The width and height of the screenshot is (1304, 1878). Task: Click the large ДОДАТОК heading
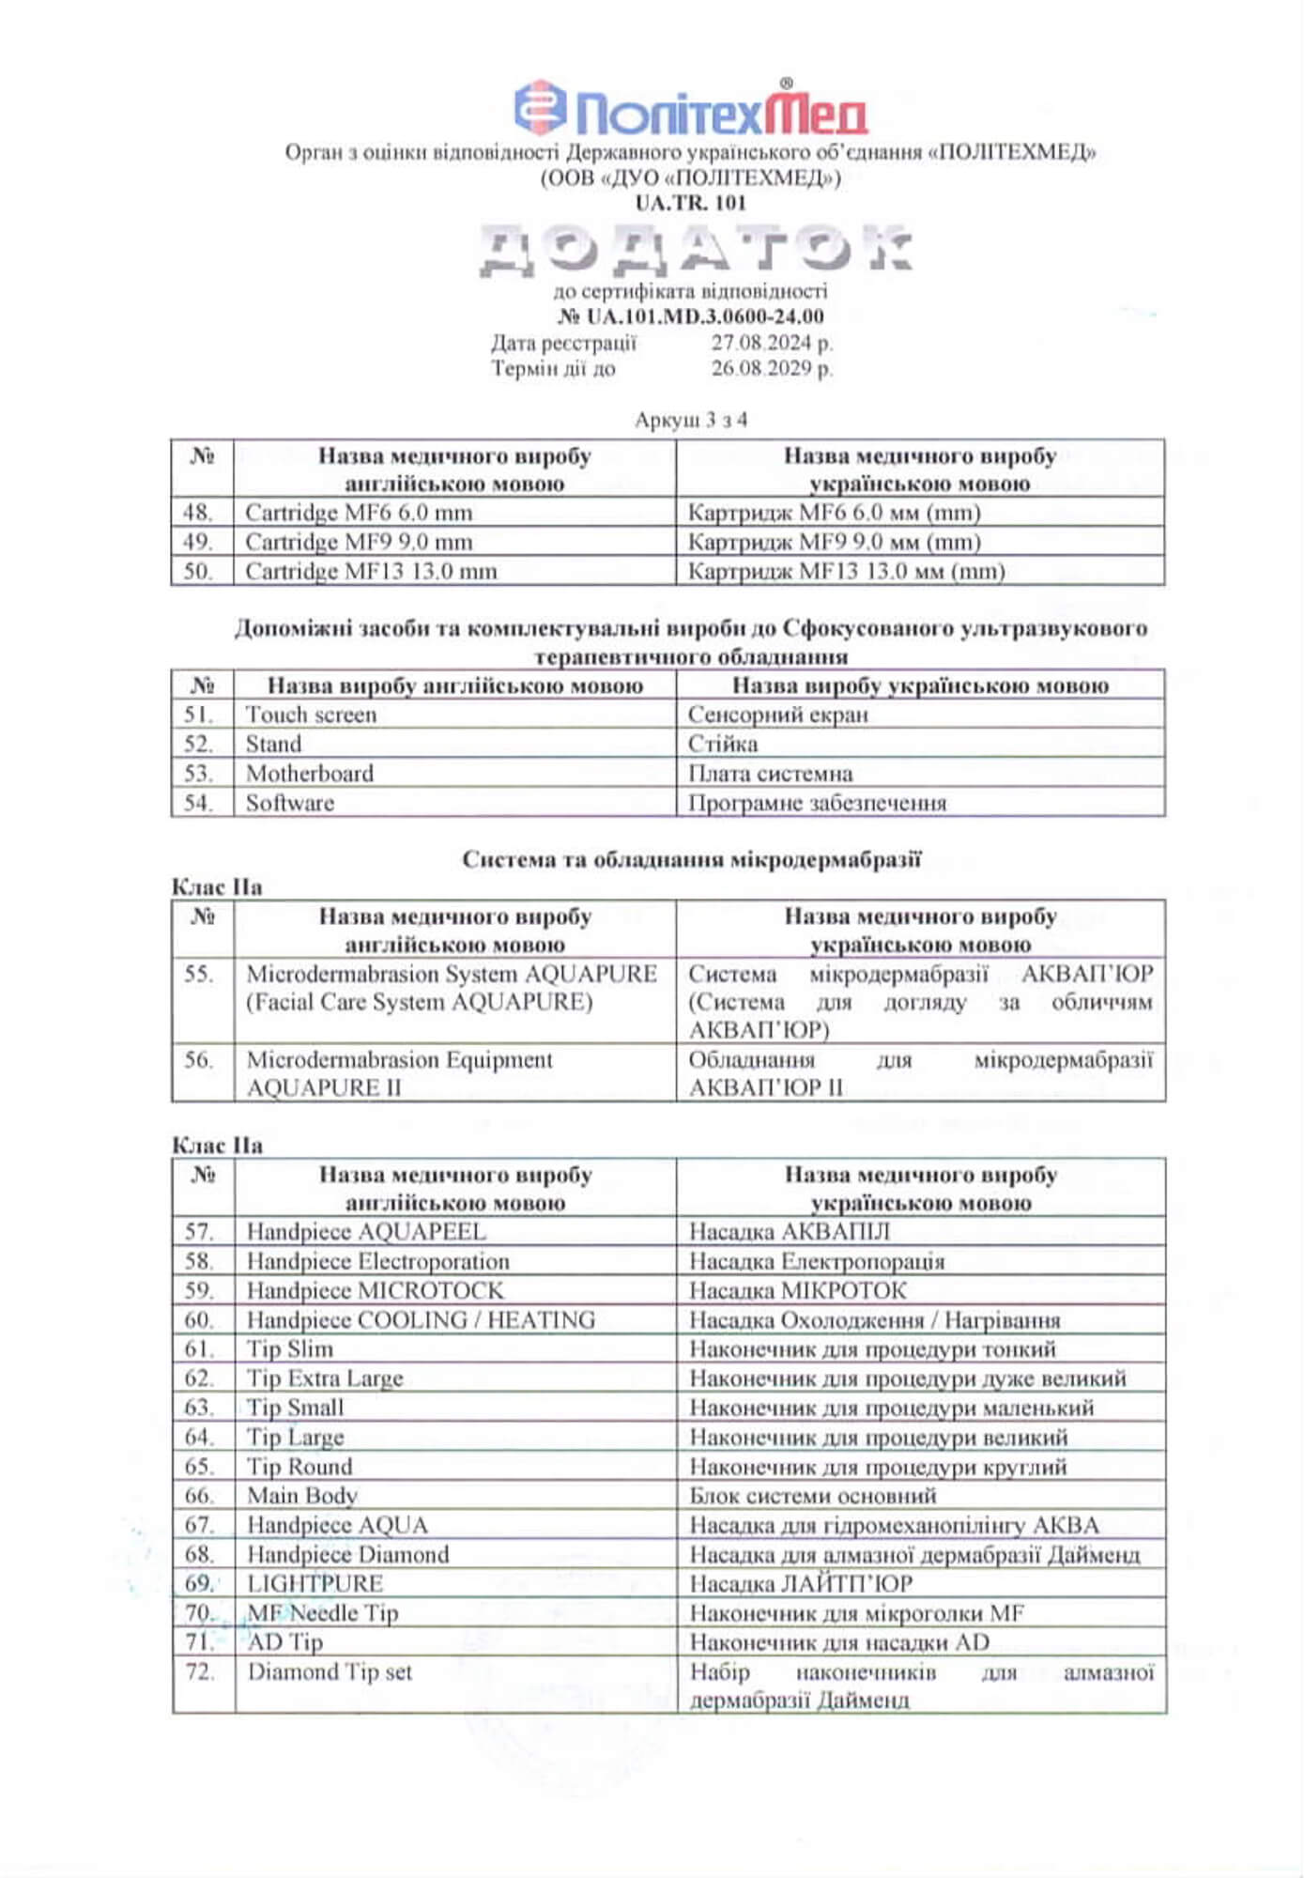(695, 250)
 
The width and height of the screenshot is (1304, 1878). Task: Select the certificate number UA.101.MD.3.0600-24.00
(691, 316)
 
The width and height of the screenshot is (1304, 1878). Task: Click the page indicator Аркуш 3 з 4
(691, 420)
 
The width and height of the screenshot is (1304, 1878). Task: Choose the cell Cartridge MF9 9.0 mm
(359, 542)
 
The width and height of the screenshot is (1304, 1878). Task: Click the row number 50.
(198, 571)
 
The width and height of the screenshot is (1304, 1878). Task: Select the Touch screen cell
(311, 715)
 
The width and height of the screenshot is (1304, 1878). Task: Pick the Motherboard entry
(310, 774)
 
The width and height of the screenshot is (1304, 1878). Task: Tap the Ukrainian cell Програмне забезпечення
(817, 803)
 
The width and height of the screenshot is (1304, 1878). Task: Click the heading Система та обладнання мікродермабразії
(691, 859)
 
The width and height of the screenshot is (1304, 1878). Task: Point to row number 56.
(198, 1060)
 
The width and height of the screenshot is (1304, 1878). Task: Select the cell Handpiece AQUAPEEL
(366, 1232)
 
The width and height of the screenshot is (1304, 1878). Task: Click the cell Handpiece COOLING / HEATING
(421, 1320)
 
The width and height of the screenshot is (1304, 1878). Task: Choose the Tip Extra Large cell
(325, 1378)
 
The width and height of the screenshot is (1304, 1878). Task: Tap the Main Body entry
(302, 1496)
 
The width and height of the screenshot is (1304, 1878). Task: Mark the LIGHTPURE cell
(314, 1584)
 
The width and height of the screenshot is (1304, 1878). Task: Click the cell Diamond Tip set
(330, 1672)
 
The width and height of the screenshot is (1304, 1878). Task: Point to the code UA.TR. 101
(691, 202)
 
